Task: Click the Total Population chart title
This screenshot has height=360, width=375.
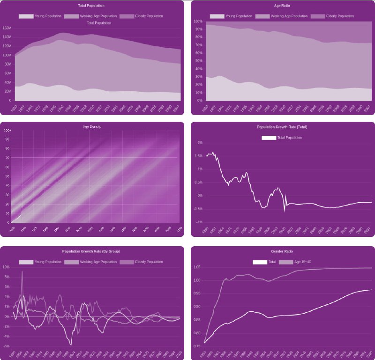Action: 91,6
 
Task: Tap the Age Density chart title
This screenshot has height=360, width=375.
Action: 91,126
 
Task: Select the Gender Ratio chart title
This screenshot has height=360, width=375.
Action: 282,251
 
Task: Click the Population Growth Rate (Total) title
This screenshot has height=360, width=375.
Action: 282,127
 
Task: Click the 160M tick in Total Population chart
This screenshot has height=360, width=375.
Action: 7,28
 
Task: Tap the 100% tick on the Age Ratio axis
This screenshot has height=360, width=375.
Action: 197,22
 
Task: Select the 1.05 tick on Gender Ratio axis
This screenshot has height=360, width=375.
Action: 196,267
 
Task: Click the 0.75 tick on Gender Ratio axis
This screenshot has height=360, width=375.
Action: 196,346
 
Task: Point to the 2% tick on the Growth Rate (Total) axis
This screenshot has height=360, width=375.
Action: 200,143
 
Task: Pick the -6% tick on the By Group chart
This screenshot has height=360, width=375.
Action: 6,346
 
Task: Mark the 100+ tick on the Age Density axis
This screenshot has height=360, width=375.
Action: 7,131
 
